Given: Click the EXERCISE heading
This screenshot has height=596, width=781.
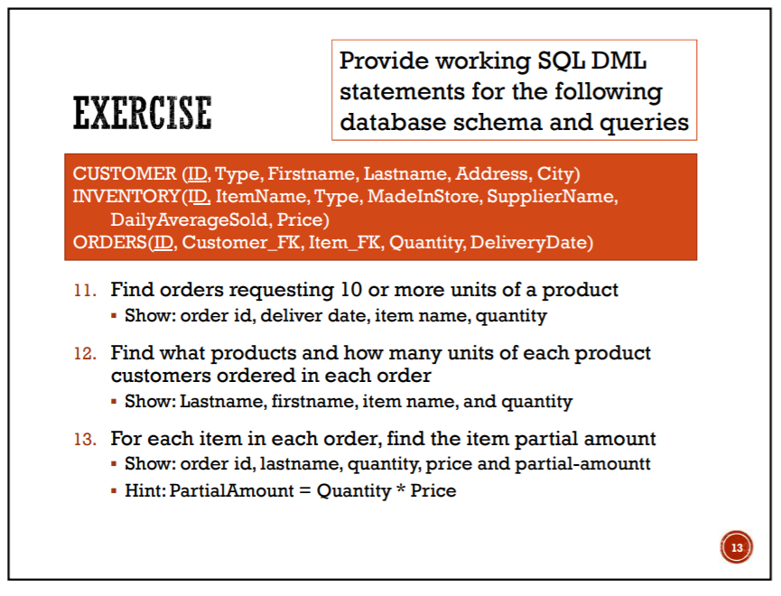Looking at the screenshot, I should coord(142,114).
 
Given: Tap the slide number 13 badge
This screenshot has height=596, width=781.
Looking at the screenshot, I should coord(736,547).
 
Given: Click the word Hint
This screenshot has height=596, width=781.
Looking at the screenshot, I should coord(142,491).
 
